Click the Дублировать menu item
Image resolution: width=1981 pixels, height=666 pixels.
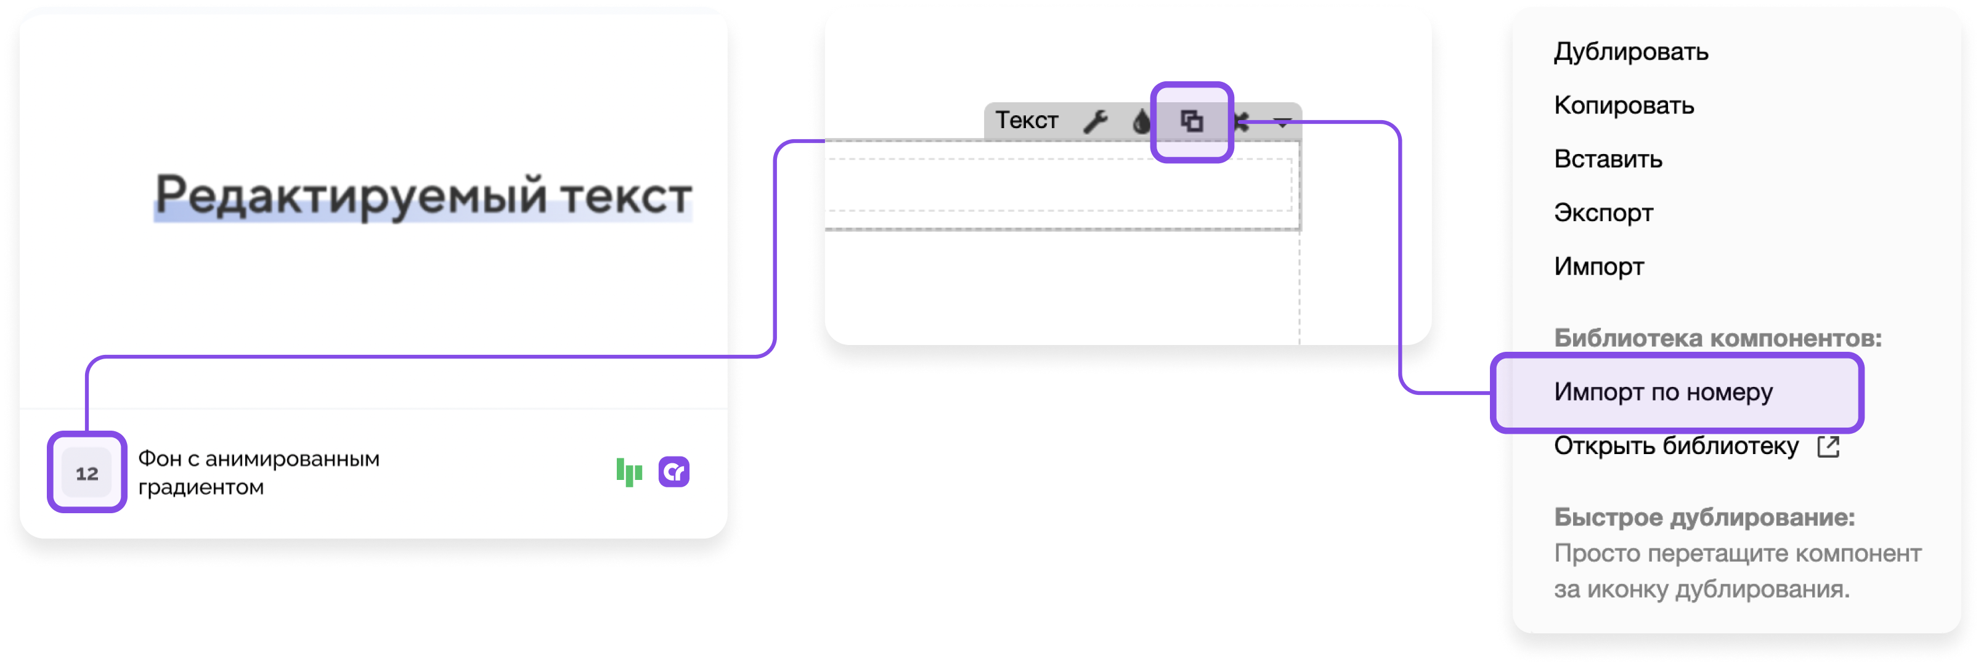1631,52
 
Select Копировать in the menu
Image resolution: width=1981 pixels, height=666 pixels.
1624,105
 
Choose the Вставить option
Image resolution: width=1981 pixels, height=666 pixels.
1608,159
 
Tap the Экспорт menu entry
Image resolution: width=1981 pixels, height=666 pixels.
1603,213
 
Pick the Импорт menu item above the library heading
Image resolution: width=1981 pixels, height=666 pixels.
1599,267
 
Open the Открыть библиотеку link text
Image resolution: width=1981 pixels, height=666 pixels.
1677,446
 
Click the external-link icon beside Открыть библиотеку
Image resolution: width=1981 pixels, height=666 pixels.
1828,447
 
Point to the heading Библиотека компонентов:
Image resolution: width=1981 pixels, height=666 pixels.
1718,338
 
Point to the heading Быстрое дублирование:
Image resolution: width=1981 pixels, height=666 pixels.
1704,518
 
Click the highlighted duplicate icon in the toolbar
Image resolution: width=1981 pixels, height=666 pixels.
1192,121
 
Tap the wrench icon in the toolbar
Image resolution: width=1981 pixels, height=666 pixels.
1096,121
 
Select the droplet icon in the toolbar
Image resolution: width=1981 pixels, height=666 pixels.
1142,121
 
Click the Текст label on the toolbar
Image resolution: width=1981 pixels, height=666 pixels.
1027,121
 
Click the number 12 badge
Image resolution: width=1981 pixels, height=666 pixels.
87,473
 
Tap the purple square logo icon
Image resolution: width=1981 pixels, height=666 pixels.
673,472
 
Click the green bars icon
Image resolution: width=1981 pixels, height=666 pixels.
629,472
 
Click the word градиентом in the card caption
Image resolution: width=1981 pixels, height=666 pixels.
201,487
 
